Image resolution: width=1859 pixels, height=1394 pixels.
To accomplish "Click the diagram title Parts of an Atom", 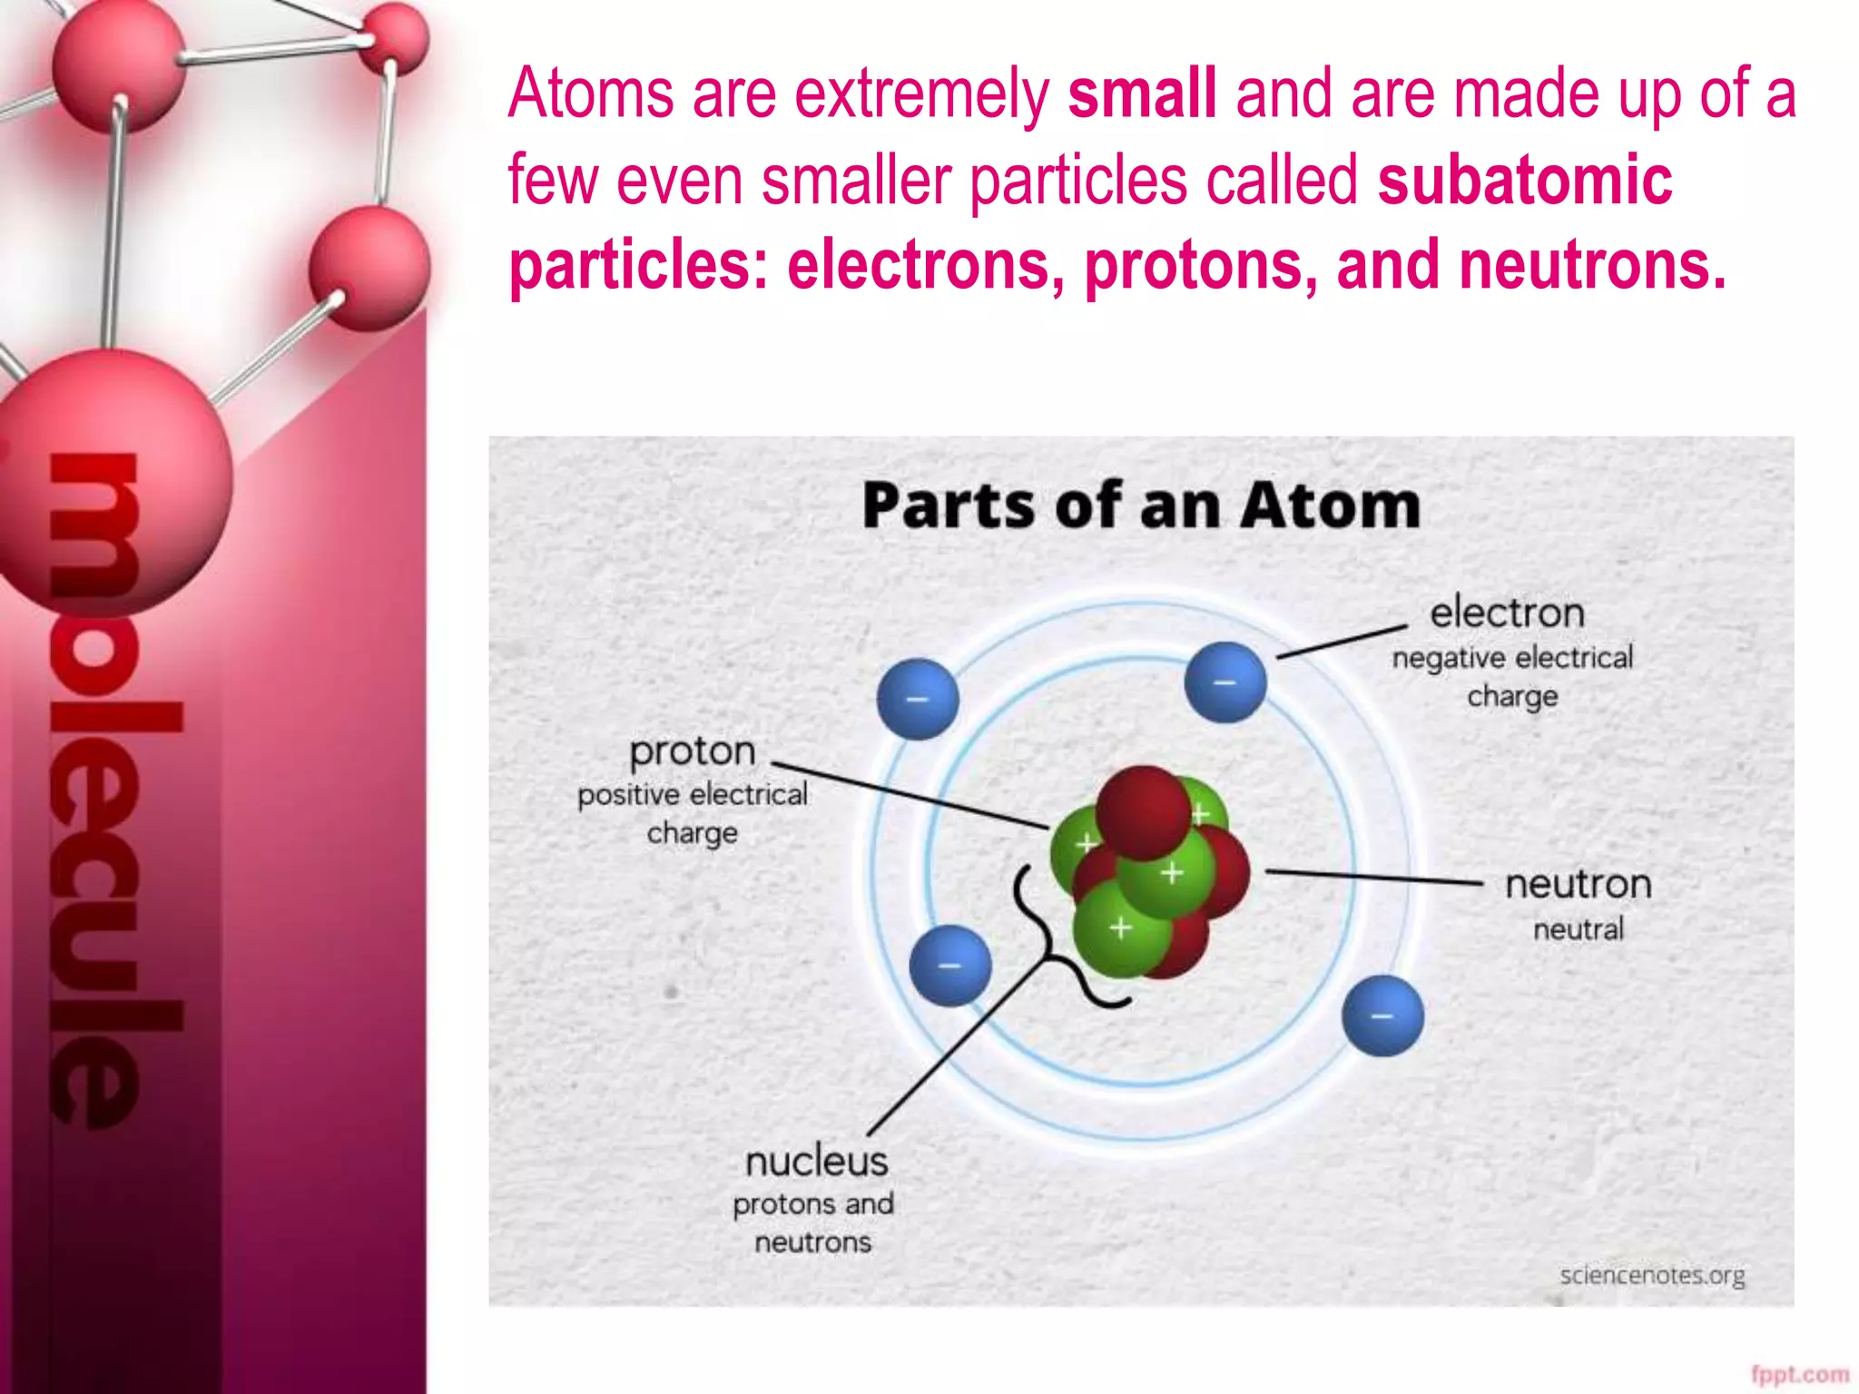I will click(1141, 506).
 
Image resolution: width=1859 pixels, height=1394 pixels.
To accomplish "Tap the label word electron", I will click(1507, 614).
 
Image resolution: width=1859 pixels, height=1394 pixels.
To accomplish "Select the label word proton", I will click(693, 751).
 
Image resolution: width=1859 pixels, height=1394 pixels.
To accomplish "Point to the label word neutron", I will click(1578, 885).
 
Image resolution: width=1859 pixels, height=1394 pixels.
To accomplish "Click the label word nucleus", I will click(816, 1162).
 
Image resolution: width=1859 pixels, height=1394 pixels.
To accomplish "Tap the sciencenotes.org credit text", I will click(1652, 1275).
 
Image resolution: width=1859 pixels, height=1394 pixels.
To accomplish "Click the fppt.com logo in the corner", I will click(1799, 1375).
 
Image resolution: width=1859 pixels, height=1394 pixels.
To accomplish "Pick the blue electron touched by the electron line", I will click(1225, 682).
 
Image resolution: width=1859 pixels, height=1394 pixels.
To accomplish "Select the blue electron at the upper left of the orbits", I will click(918, 699).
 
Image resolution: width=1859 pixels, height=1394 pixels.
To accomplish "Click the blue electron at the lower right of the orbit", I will click(1382, 1016).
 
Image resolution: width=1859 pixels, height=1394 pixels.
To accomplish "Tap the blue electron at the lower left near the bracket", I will click(949, 966).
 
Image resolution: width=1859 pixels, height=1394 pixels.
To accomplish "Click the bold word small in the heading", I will click(1141, 94).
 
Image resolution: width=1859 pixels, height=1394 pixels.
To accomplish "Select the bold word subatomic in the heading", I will click(1524, 180).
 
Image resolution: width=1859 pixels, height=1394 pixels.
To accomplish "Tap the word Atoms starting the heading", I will click(590, 94).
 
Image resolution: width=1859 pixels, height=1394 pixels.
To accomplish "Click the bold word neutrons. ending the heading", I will click(1592, 265).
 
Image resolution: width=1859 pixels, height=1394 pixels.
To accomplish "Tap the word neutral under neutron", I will click(1578, 929).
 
